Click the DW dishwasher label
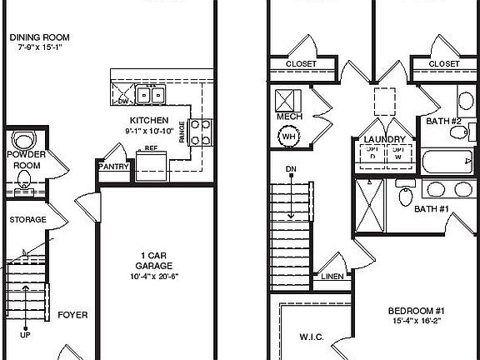tap(123, 102)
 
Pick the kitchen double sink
tap(151, 95)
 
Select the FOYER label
tap(72, 316)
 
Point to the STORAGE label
tap(27, 220)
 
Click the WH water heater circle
tap(289, 137)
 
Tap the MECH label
tap(289, 117)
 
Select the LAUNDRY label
tap(385, 139)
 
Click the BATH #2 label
tap(443, 121)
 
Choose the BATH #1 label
tap(432, 208)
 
